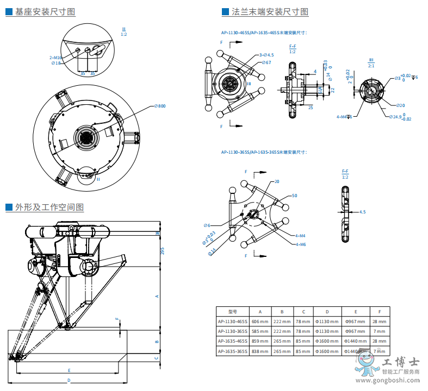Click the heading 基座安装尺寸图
(x=45, y=11)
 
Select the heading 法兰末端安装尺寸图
(x=270, y=11)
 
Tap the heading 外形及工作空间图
(x=49, y=207)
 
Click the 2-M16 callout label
(x=55, y=57)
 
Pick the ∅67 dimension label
(x=266, y=62)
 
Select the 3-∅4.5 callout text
(x=266, y=55)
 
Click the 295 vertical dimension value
(x=162, y=250)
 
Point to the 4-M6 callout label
(x=301, y=244)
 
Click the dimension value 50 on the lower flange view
(x=294, y=195)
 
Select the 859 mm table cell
(x=260, y=341)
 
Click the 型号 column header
(x=233, y=312)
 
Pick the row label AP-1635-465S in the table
(x=233, y=341)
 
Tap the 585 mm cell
(x=260, y=331)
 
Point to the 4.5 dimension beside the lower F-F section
(x=362, y=212)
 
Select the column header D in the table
(x=327, y=312)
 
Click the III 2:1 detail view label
(x=371, y=62)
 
